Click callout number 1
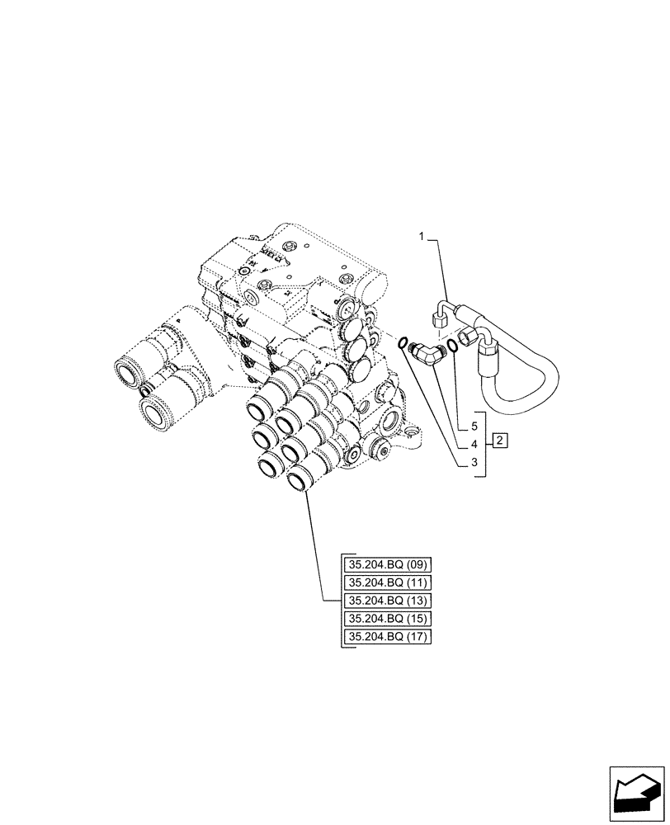422,237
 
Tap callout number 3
474,464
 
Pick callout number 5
474,427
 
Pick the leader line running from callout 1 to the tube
439,264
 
